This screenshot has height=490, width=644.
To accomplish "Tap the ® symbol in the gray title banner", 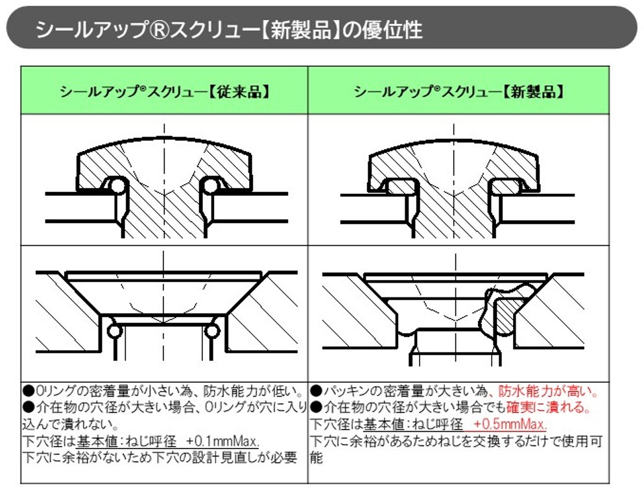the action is (158, 30).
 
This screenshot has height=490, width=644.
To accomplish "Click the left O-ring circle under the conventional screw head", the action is (117, 186).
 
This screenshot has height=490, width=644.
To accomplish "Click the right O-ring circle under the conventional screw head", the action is (211, 186).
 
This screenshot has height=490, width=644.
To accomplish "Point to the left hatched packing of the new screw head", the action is (400, 187).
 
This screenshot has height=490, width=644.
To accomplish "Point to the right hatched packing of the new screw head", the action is (507, 187).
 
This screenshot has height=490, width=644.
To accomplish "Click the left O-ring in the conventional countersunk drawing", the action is (114, 331).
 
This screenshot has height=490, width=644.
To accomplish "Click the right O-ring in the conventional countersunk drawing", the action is (212, 331).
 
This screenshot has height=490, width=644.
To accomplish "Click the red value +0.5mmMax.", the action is (510, 423).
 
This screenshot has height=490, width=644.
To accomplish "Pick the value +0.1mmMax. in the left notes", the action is (222, 441).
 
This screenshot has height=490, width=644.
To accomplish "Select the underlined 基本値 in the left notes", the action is (97, 441).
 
